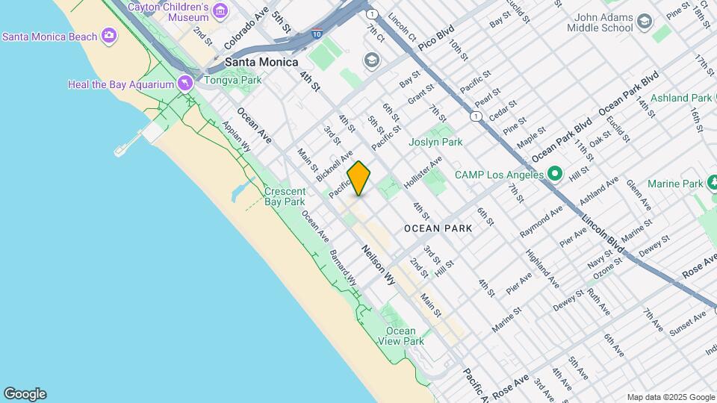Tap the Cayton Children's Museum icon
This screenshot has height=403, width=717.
220,10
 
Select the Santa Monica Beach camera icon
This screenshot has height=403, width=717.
110,35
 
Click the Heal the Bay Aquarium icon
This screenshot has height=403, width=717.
184,84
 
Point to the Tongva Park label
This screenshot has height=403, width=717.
233,80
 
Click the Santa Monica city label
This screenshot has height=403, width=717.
261,63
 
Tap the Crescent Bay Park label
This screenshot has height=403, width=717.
285,196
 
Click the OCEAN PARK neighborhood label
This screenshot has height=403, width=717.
438,228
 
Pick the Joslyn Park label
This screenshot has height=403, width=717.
435,142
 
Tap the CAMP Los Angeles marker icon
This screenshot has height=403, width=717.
554,175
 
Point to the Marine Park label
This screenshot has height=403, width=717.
675,183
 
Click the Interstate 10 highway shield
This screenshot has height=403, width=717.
317,34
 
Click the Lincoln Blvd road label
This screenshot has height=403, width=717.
603,234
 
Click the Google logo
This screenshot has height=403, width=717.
25,394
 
